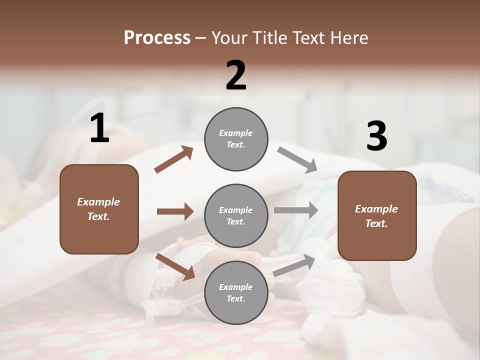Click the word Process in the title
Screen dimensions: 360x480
(x=157, y=38)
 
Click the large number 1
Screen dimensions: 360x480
(x=99, y=128)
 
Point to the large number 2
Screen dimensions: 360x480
(x=236, y=75)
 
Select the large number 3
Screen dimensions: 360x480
(x=376, y=136)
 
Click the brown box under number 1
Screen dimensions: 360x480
(x=99, y=209)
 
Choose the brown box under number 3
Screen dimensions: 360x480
(x=377, y=215)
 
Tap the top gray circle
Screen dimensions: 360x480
(x=236, y=139)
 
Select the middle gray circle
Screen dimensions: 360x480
(x=236, y=215)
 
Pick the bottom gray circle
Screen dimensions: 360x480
(x=236, y=292)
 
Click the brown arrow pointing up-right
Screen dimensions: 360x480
(x=173, y=160)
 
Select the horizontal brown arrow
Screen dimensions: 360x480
(x=175, y=211)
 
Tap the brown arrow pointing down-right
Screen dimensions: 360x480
(x=175, y=266)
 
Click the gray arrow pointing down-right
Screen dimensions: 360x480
(x=297, y=160)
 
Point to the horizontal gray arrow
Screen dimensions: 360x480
(x=295, y=210)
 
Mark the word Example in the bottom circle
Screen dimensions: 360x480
(x=236, y=287)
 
